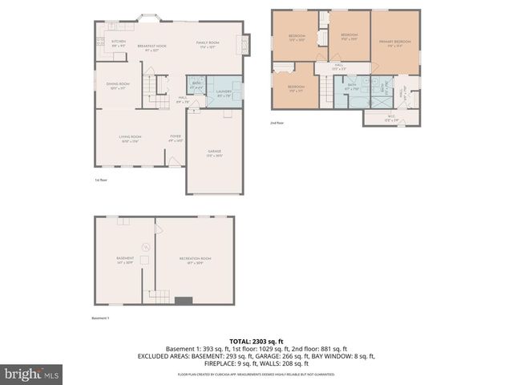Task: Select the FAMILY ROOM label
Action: coord(208,44)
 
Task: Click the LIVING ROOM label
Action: coord(130,139)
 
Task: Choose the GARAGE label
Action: coord(214,152)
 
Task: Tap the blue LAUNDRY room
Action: coord(224,94)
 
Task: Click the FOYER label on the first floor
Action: coord(175,139)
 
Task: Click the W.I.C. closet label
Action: coord(390,119)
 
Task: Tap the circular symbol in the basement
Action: coord(145,246)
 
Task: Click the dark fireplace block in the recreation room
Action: coord(184,301)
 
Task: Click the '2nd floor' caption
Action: coord(277,123)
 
